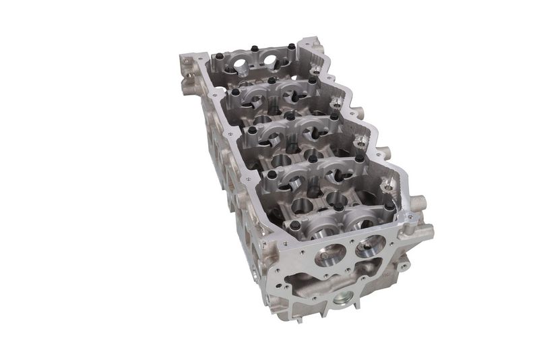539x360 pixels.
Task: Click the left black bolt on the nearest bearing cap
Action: point(288,208)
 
